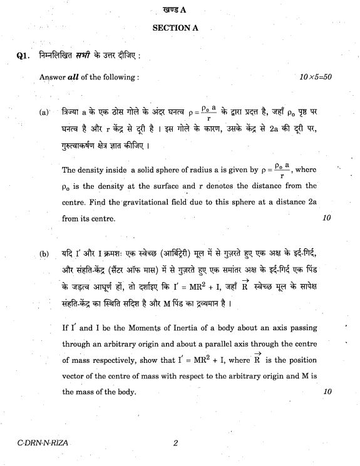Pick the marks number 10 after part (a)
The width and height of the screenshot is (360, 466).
click(326, 218)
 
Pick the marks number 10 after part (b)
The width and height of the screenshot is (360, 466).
click(326, 392)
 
